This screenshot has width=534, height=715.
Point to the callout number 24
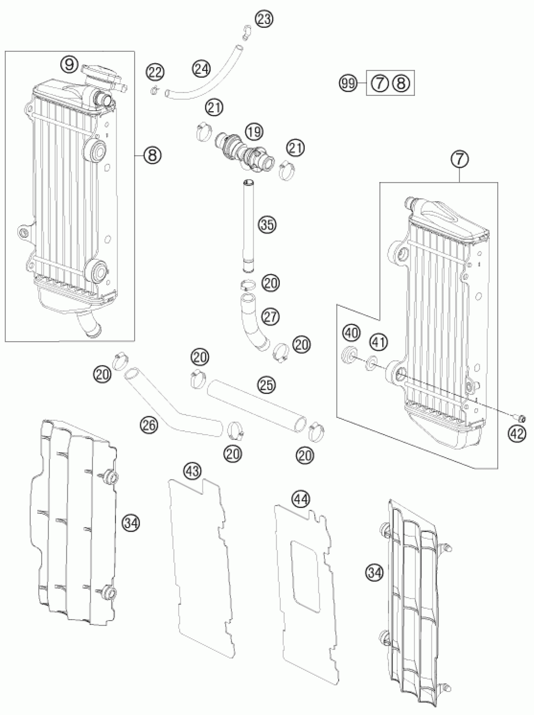202,69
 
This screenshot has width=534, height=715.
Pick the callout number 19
254,132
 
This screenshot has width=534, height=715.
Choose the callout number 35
268,224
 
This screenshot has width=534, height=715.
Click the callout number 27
270,317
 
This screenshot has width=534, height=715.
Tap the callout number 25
267,384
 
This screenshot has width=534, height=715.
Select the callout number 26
149,425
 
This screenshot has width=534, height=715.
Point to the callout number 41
379,342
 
